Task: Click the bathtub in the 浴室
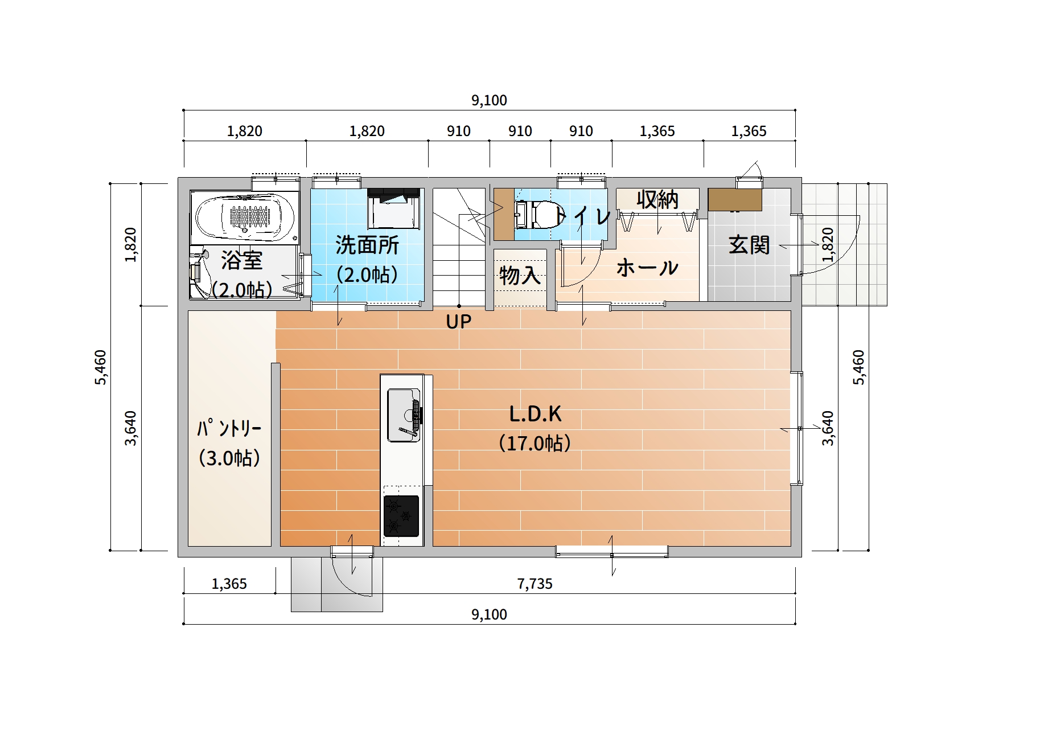tap(244, 217)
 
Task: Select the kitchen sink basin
tap(404, 415)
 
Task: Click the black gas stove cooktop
tap(401, 516)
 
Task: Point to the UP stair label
tap(459, 322)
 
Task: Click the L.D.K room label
tap(535, 414)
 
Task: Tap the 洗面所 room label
tap(367, 245)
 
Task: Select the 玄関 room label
tap(749, 245)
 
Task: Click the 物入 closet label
tap(520, 276)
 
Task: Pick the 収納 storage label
tap(657, 200)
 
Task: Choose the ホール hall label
tap(647, 268)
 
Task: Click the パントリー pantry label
tap(229, 428)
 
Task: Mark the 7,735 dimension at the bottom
tap(535, 584)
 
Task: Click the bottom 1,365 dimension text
tap(229, 584)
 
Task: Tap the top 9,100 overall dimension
tap(489, 100)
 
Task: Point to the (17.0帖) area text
tap(535, 443)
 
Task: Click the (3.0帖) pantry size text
tap(229, 458)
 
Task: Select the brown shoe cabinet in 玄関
tap(735, 200)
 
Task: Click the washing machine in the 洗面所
tap(393, 208)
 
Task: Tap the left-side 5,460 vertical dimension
tap(100, 367)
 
